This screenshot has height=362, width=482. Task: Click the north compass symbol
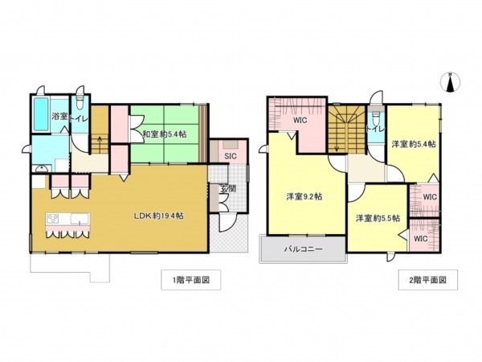tap(451, 81)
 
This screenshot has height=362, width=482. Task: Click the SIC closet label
tap(229, 155)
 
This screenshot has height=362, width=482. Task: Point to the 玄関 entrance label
tap(227, 190)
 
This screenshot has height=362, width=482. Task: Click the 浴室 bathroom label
tap(59, 117)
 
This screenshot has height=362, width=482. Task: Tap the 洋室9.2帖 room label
tap(304, 195)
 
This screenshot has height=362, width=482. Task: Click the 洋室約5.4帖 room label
tap(414, 144)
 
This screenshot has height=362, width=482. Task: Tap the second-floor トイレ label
tap(374, 129)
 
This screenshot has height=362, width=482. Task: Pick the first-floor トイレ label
tap(80, 118)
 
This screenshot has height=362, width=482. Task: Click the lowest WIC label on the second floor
tap(420, 238)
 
